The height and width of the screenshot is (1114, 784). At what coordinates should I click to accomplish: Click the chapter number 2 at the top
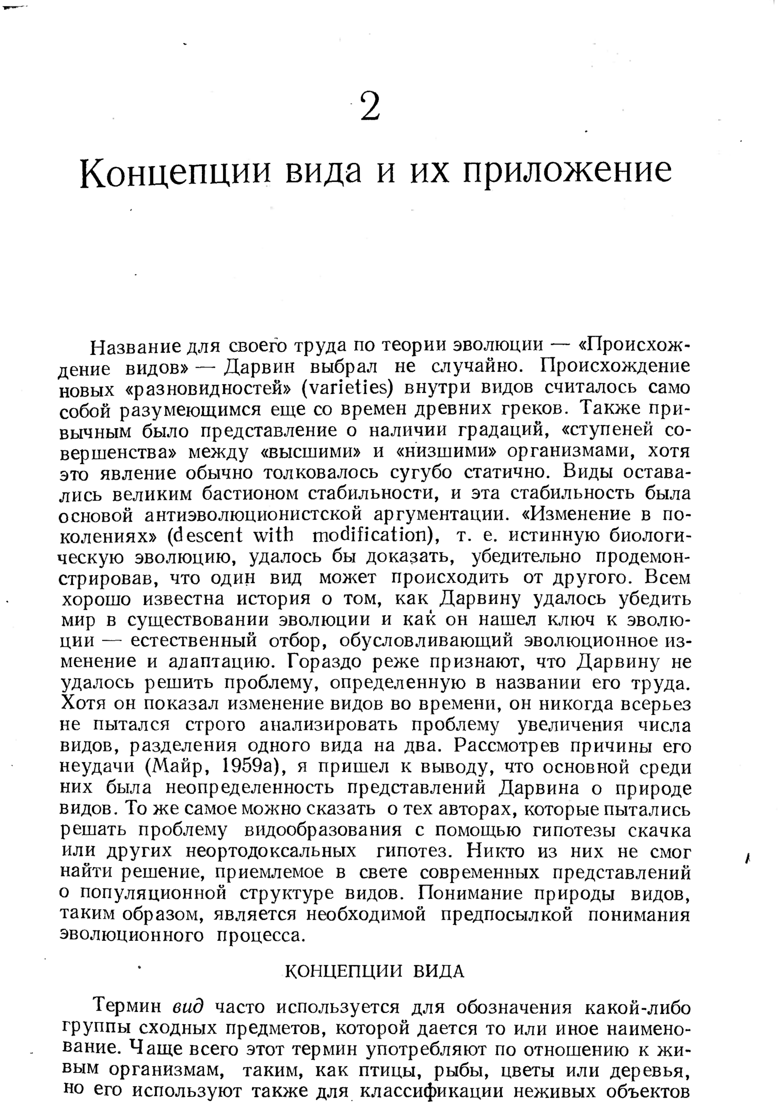point(370,107)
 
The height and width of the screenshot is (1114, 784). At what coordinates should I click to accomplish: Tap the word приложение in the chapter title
point(567,172)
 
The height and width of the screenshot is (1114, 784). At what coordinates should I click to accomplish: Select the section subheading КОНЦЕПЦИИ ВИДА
point(375,972)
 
